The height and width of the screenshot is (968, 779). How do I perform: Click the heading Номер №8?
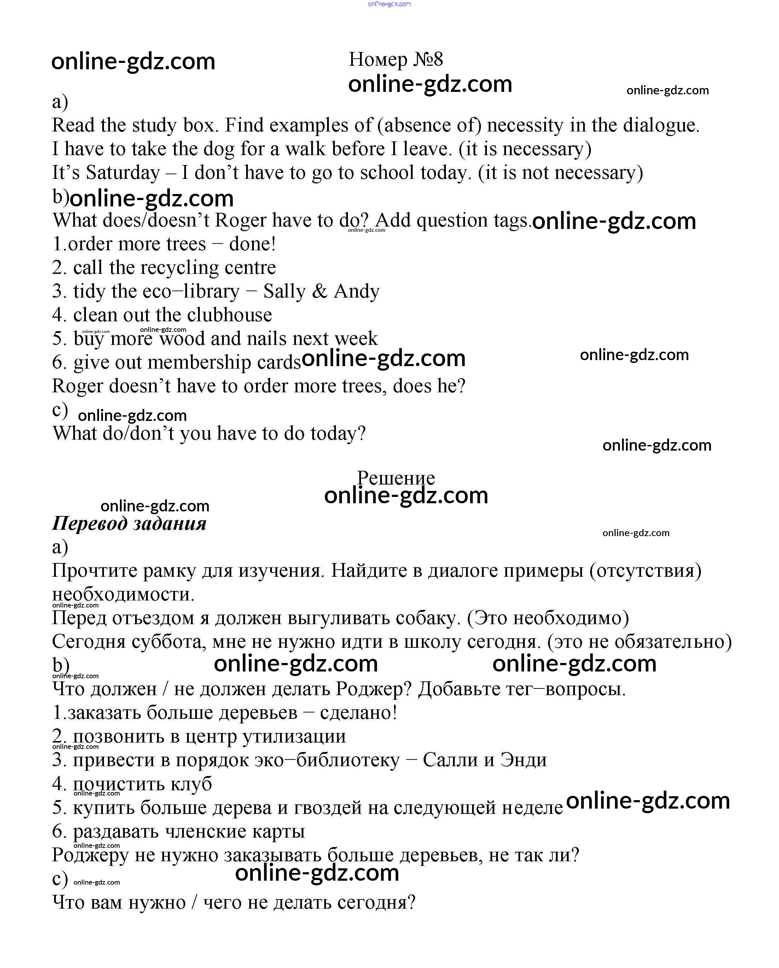(x=396, y=59)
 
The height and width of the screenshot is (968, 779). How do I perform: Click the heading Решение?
(x=396, y=478)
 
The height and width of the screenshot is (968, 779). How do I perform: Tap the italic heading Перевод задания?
(x=129, y=523)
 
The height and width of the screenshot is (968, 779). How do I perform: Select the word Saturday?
(x=123, y=173)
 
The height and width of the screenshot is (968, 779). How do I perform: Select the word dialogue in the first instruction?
(x=661, y=125)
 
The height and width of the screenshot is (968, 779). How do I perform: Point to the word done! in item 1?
(x=252, y=244)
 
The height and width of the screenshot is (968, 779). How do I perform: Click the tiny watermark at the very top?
(x=389, y=4)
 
